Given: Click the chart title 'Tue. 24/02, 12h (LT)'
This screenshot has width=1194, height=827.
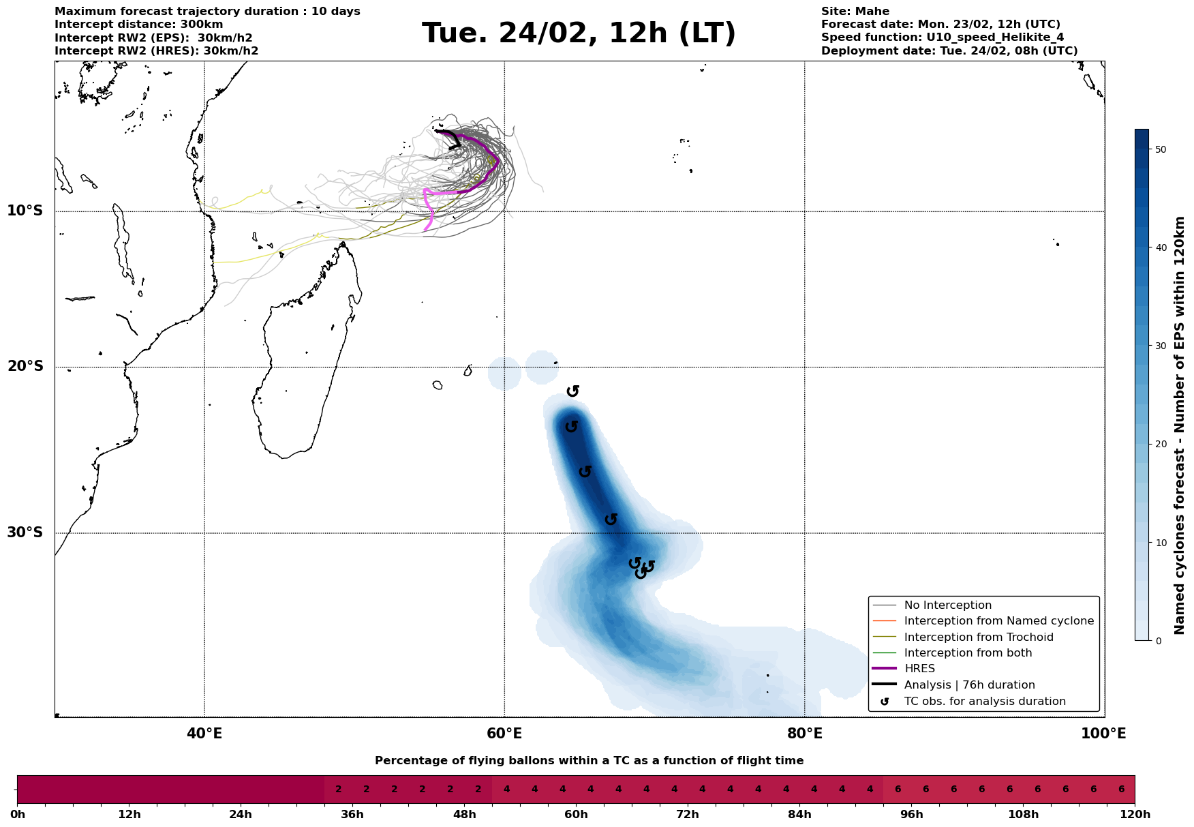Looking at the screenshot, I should click(x=579, y=33).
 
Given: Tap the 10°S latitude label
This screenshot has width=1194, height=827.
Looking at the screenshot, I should click(x=25, y=211).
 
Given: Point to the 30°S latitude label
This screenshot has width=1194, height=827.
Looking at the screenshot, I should click(x=25, y=532).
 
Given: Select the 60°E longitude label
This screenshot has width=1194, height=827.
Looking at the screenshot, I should click(x=504, y=734).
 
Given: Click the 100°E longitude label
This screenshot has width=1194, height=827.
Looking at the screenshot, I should click(x=1103, y=734).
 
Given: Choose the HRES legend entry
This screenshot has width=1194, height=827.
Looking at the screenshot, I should click(x=919, y=669).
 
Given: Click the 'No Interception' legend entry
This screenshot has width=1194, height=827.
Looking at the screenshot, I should click(x=947, y=605).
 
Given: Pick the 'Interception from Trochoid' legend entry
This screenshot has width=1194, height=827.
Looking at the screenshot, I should click(x=979, y=637).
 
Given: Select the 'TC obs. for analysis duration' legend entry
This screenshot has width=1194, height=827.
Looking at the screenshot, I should click(x=985, y=702).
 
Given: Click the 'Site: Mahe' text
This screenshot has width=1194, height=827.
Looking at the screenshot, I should click(x=855, y=12).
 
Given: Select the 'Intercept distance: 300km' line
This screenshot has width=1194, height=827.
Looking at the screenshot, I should click(x=138, y=25).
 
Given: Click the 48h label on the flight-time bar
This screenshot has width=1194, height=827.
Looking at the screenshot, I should click(x=464, y=815).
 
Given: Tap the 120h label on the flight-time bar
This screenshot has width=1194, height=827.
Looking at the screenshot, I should click(x=1135, y=815).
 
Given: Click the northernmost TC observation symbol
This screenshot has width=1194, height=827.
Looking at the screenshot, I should click(x=573, y=391).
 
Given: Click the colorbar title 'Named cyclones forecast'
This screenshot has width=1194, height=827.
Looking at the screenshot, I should click(x=1180, y=425).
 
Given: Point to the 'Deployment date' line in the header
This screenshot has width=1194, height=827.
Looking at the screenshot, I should click(x=949, y=51).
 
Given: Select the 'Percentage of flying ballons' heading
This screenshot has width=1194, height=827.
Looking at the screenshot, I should click(x=589, y=761).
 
